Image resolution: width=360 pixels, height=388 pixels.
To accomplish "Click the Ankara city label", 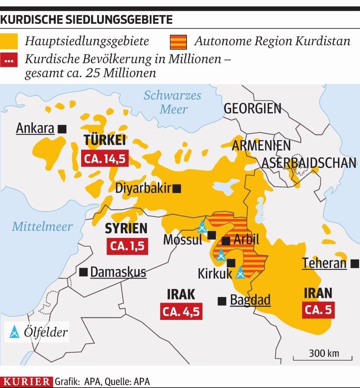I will (x=35, y=128).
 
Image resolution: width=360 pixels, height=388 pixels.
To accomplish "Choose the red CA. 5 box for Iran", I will (x=319, y=310).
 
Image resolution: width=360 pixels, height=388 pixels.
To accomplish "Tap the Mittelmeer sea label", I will (x=42, y=226).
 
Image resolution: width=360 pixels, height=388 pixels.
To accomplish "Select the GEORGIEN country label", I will (x=253, y=108).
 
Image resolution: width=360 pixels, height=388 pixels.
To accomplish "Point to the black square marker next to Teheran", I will (x=354, y=263).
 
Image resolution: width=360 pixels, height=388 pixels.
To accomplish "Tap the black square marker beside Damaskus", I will (x=84, y=272).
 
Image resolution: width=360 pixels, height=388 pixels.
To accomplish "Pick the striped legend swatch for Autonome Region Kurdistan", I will (x=177, y=42).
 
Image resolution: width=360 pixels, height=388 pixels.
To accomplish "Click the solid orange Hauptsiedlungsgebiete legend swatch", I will (x=9, y=42).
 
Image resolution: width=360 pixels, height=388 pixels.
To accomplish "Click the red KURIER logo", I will (x=27, y=381).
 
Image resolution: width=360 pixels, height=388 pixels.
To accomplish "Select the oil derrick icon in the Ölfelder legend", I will (x=15, y=332).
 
